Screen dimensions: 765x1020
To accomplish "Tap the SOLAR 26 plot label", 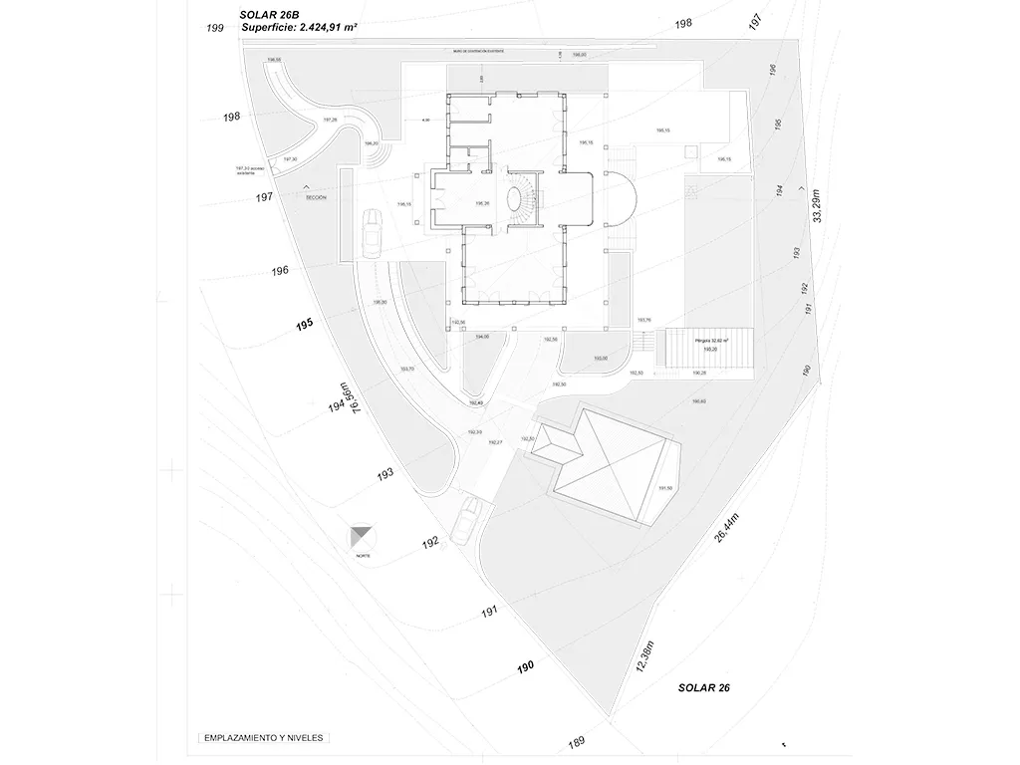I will pyautogui.click(x=704, y=687).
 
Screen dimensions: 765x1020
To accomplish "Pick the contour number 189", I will pyautogui.click(x=576, y=742).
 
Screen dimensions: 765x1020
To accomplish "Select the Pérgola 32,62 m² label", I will pyautogui.click(x=710, y=341).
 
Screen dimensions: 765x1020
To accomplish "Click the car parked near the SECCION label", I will pyautogui.click(x=371, y=232).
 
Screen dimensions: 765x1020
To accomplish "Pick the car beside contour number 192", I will pyautogui.click(x=466, y=521).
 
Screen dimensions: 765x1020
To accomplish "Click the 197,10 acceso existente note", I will pyautogui.click(x=247, y=170).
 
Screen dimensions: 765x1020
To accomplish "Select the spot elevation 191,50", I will pyautogui.click(x=664, y=488).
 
